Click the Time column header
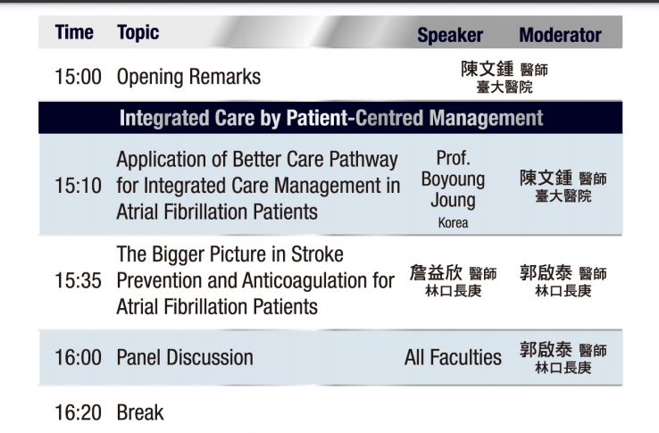(74, 32)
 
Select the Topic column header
(138, 33)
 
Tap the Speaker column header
(450, 36)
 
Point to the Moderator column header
(560, 35)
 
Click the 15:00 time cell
(79, 77)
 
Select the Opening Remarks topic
(188, 77)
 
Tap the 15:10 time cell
(79, 186)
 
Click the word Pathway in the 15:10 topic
(363, 160)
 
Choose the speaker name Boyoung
(453, 179)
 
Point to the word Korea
(453, 222)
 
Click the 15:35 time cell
(79, 281)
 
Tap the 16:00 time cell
(79, 358)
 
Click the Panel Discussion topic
(185, 358)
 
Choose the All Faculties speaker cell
(453, 358)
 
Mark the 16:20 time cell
(79, 412)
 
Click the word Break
(140, 412)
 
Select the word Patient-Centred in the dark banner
(355, 118)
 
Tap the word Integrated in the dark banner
(164, 119)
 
